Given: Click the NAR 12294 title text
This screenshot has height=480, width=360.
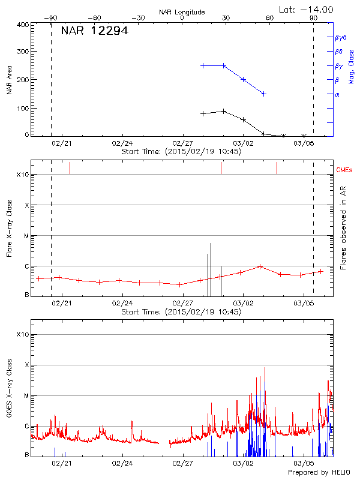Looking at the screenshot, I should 94,31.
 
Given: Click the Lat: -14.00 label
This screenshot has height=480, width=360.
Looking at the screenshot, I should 307,9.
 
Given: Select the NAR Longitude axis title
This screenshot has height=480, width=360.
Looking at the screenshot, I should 182,11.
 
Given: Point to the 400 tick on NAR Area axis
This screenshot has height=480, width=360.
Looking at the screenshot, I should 23,25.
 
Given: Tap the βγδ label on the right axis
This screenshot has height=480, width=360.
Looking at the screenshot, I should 340,37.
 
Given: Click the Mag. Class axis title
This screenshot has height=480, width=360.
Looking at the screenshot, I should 352,66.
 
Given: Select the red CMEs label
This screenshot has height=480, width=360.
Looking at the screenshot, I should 344,170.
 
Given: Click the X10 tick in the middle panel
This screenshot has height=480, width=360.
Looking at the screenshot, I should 22,175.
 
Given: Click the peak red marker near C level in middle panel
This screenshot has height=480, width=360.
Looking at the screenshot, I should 260,266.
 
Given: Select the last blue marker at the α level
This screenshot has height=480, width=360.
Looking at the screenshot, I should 263,94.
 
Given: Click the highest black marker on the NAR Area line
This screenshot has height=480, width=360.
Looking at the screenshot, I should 223,111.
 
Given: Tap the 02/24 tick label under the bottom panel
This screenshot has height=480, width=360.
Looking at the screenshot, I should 122,464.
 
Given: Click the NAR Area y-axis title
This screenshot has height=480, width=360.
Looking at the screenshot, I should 9,79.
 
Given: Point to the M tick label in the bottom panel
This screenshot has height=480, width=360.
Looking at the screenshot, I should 26,396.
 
